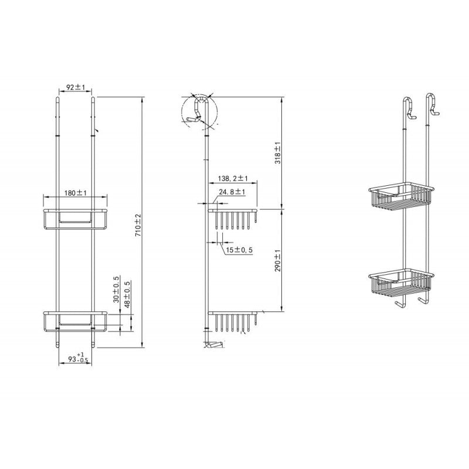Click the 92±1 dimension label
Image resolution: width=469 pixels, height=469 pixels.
[x=76, y=87]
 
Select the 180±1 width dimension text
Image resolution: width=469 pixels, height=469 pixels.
[x=76, y=193]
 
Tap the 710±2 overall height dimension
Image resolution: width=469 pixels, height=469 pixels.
[x=138, y=226]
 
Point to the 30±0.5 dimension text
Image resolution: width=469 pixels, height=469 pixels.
[x=116, y=289]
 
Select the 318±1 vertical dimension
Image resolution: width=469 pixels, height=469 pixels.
[x=278, y=153]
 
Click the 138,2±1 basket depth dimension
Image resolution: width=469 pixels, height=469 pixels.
[x=233, y=179]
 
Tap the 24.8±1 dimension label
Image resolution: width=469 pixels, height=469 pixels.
[x=232, y=192]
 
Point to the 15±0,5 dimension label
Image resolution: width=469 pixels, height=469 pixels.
[x=239, y=250]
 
